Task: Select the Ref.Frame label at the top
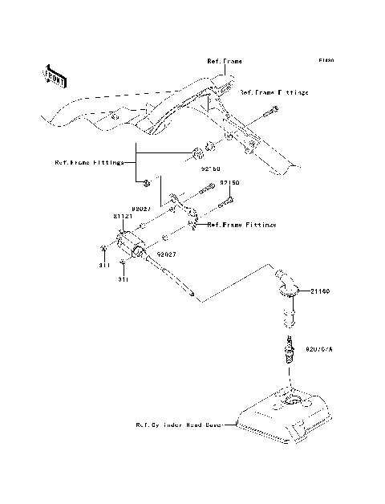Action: pos(225,60)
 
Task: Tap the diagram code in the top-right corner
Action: pos(325,60)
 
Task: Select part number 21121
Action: pos(123,217)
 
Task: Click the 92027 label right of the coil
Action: pos(167,254)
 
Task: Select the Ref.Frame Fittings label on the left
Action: pos(89,161)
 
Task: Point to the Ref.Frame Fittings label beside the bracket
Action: pos(241,226)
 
